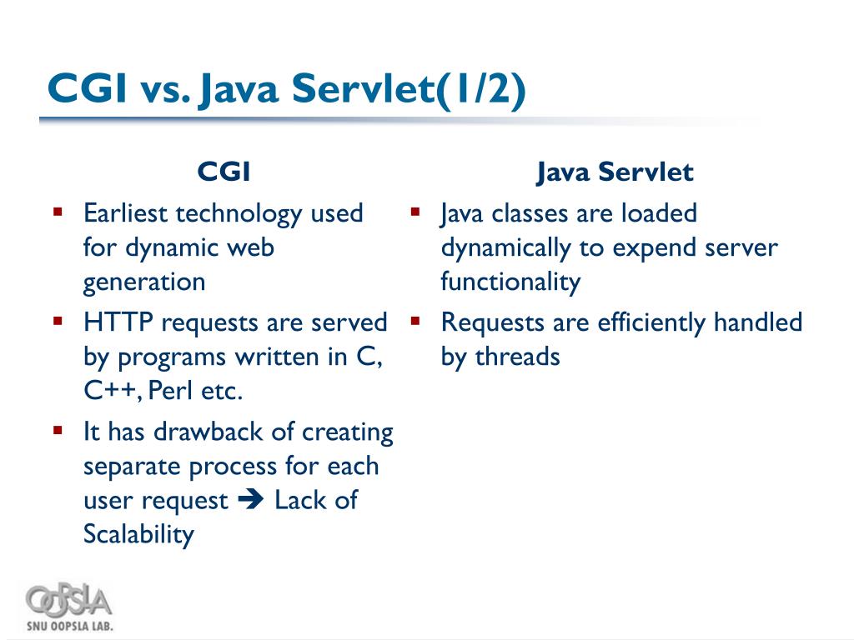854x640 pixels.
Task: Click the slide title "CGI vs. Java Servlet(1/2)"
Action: (286, 89)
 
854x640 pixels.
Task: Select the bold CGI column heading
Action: (224, 172)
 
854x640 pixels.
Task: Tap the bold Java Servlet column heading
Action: (615, 172)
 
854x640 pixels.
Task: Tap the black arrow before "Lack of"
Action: (250, 500)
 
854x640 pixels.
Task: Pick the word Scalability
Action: (138, 534)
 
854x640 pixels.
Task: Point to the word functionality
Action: (510, 282)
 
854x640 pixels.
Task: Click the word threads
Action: (517, 357)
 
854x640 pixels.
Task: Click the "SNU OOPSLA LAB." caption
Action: (69, 625)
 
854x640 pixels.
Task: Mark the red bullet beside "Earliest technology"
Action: (58, 212)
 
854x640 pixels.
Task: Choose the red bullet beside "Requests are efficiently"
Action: (414, 322)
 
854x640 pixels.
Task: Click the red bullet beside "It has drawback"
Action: (58, 431)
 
